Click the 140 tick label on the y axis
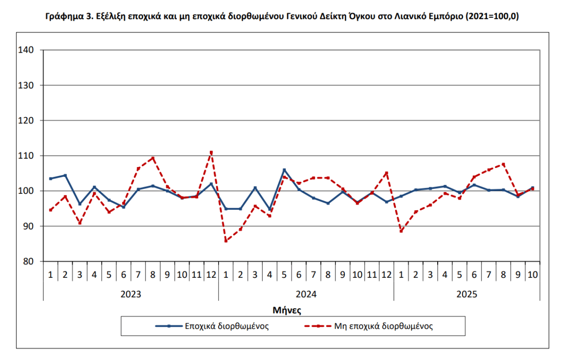pos(26,50)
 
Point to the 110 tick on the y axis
pos(26,155)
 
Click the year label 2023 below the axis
pos(130,295)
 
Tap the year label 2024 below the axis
pos(306,295)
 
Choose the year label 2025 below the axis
pos(466,295)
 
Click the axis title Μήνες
pos(287,310)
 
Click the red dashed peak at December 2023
pos(211,152)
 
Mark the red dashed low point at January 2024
pos(226,241)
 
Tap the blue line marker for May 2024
pos(284,170)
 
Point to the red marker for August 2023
pos(153,158)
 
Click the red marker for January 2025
pos(401,231)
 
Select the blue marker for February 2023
pos(65,176)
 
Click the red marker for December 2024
pos(387,173)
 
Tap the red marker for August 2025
pos(503,164)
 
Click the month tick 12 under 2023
pos(211,274)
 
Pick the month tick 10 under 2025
pos(533,274)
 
